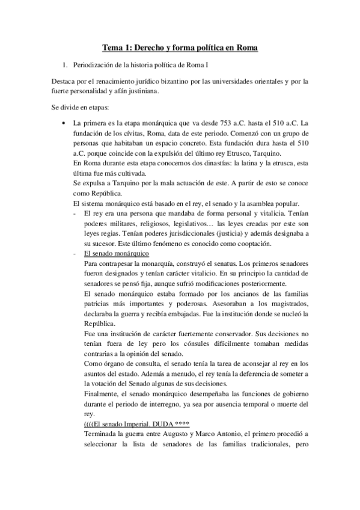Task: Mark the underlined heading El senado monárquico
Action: tap(117, 253)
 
